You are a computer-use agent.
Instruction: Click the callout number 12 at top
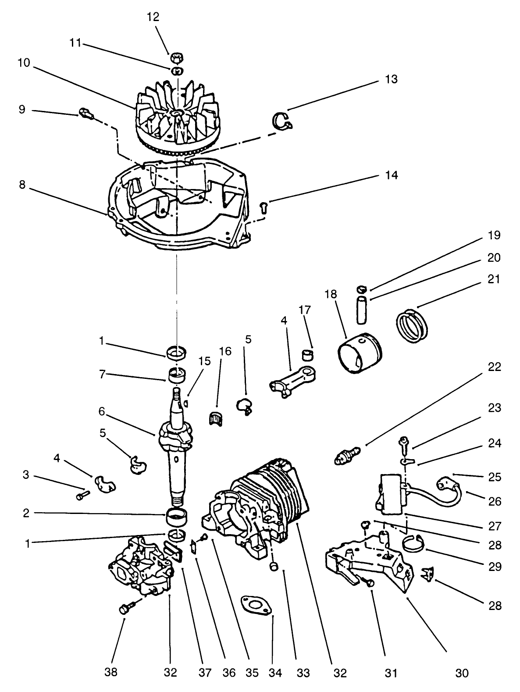pos(153,17)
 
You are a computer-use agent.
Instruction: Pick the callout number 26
pos(495,501)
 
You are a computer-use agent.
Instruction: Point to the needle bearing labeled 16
pos(214,418)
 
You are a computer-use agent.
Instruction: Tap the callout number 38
pos(111,672)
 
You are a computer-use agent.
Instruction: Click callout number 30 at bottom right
pos(462,672)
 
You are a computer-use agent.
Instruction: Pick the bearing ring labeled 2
pos(178,516)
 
